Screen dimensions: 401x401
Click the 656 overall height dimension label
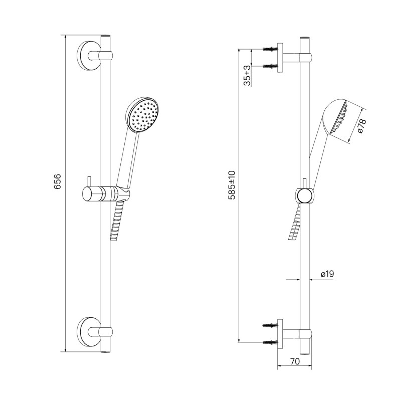click(x=58, y=181)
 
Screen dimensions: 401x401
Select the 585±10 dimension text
click(x=232, y=185)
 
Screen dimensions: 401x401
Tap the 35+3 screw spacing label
click(x=247, y=76)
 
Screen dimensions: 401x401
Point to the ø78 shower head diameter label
click(x=362, y=126)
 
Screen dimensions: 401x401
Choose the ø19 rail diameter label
click(x=327, y=274)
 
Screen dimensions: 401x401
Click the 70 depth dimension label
click(x=295, y=361)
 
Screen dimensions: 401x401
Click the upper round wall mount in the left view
click(x=88, y=56)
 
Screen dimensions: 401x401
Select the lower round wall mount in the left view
click(x=88, y=332)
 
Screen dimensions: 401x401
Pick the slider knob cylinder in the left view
click(x=92, y=194)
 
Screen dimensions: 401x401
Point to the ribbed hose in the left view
click(x=117, y=220)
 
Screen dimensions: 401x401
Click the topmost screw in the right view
click(x=270, y=49)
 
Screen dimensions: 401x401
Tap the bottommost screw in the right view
click(x=270, y=342)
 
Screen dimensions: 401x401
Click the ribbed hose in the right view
click(x=295, y=222)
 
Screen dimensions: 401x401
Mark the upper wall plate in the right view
click(x=280, y=58)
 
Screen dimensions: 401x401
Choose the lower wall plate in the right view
click(x=280, y=334)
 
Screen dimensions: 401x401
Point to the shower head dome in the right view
click(x=334, y=116)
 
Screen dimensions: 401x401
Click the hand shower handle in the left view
click(x=128, y=159)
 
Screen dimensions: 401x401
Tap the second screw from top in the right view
click(x=270, y=66)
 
